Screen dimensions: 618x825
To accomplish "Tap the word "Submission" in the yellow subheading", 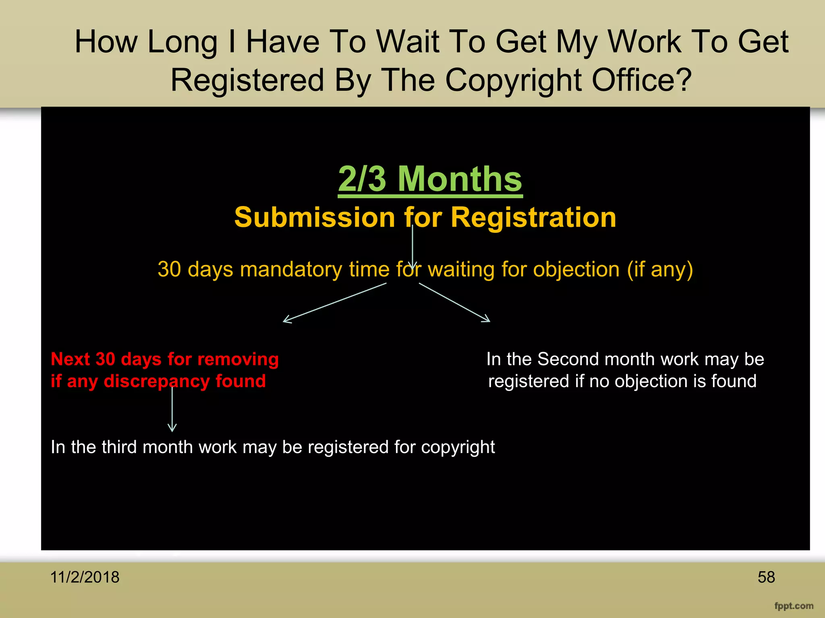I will (314, 218).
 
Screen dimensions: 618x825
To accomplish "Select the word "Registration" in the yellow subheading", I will (533, 218).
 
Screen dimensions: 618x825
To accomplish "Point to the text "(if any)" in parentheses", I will (660, 269).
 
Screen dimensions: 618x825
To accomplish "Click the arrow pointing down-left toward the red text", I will (334, 303).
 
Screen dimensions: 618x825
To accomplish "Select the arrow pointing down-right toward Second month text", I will (454, 302).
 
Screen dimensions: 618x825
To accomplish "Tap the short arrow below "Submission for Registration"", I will (412, 246).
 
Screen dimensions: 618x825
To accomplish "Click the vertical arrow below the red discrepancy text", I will (172, 408).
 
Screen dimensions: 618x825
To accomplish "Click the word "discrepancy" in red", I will (156, 381).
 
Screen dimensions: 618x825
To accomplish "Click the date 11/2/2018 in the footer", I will (85, 577).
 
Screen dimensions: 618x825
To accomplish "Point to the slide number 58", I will (766, 577).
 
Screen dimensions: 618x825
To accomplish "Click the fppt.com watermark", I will (794, 606).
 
